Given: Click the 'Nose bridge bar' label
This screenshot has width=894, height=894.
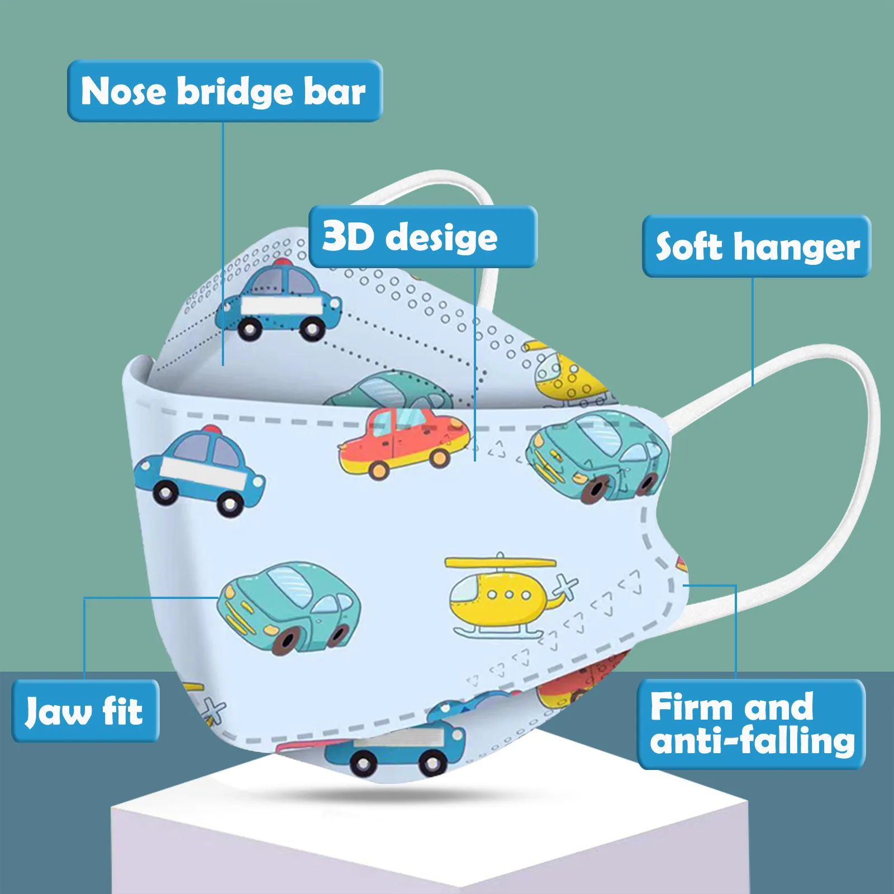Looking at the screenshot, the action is pos(225,91).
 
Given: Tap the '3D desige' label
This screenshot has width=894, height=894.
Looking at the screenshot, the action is pos(422,237).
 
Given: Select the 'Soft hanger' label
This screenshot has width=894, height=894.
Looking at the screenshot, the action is pos(757,246).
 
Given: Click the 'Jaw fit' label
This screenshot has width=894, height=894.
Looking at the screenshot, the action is pos(85,711).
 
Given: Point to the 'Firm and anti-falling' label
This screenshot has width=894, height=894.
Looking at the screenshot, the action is pos(751,724).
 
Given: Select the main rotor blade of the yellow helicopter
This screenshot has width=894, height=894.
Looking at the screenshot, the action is pos(501,562).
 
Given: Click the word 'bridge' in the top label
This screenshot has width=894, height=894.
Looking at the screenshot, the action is pos(235,91).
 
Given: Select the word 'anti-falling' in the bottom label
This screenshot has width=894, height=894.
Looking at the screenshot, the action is pos(752,741).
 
